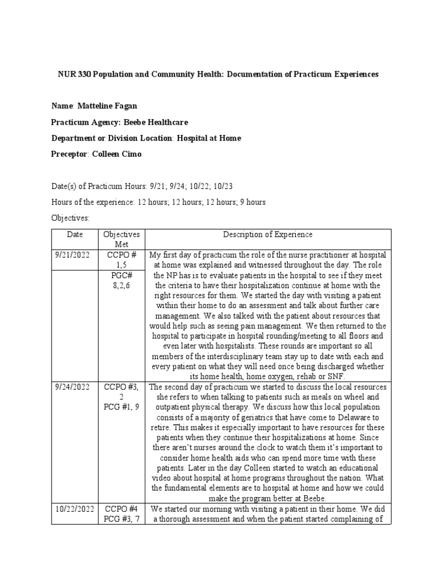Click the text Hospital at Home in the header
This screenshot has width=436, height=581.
[x=209, y=138]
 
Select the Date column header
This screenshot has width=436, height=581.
[x=74, y=234]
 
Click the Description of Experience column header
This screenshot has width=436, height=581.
[x=267, y=234]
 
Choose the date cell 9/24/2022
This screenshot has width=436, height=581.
[x=74, y=387]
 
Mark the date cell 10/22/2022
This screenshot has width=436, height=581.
[x=74, y=509]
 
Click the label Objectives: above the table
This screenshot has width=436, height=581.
[x=70, y=217]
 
